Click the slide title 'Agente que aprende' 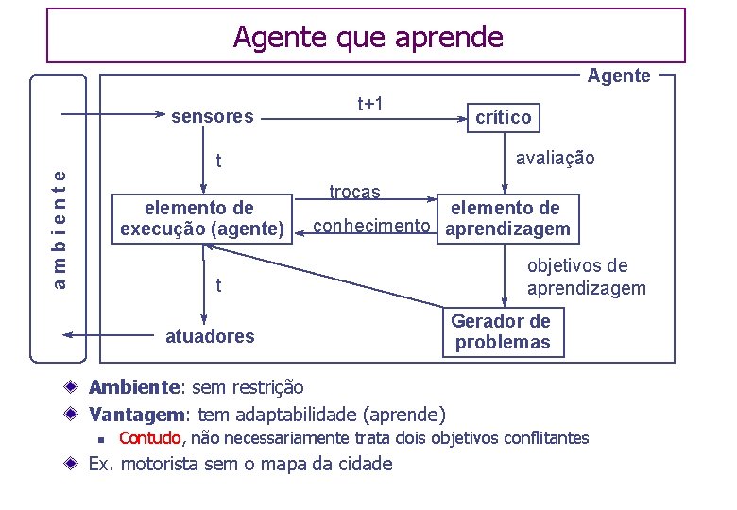(x=368, y=38)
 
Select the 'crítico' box (x=503, y=118)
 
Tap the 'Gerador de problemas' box (x=503, y=332)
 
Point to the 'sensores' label (x=212, y=117)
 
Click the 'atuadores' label (x=210, y=336)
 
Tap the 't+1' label (x=369, y=103)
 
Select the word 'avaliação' (x=555, y=159)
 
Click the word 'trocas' (x=354, y=193)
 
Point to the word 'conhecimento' (x=371, y=227)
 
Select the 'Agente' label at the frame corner (x=618, y=76)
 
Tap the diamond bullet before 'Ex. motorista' (x=72, y=464)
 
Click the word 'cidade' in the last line (x=363, y=464)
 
